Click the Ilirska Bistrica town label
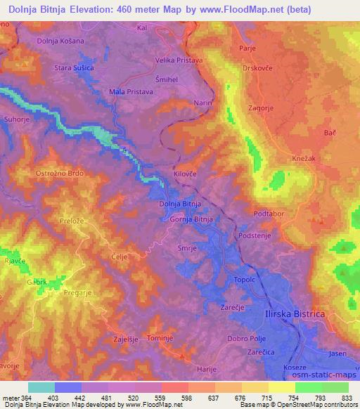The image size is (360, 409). pos(295,315)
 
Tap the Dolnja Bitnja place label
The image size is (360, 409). pos(181,204)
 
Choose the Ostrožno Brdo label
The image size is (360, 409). pos(59,171)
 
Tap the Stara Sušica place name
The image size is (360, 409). pos(74,67)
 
